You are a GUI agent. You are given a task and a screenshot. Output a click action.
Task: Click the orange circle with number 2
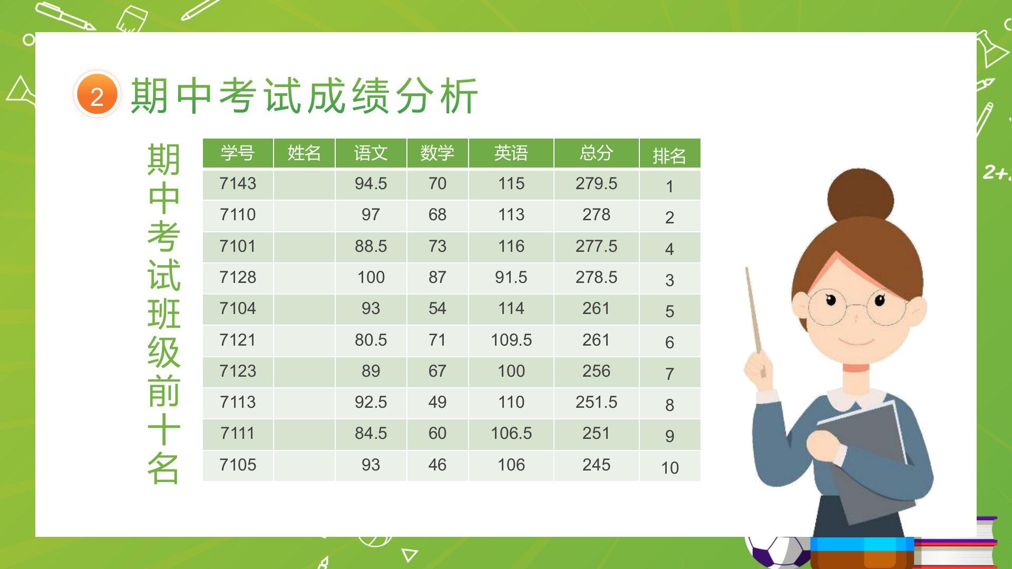[x=97, y=95]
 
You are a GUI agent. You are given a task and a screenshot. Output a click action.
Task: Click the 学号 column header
[x=238, y=153]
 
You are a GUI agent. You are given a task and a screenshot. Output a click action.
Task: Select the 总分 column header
[x=596, y=153]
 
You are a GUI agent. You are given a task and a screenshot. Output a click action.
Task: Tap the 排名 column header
[x=669, y=156]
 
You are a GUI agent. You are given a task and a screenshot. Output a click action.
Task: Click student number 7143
[x=238, y=183]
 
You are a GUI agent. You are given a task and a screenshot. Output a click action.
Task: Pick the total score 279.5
[x=596, y=183]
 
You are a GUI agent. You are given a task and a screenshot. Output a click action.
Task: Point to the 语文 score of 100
[x=371, y=277]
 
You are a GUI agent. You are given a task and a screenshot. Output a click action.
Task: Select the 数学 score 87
[x=437, y=277]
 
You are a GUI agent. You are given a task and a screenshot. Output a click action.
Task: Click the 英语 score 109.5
[x=511, y=340]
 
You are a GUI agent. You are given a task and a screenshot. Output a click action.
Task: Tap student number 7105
[x=238, y=465]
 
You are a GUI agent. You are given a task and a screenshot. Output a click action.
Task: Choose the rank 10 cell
[x=670, y=467]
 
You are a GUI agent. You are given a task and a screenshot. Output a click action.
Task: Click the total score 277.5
[x=596, y=246]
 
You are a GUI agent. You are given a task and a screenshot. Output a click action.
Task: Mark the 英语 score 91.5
[x=511, y=277]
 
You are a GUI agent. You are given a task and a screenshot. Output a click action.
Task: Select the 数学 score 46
[x=437, y=465]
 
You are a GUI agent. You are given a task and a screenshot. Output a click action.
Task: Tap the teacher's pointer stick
[x=754, y=316]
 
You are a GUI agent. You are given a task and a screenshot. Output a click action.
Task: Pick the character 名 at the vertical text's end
[x=163, y=468]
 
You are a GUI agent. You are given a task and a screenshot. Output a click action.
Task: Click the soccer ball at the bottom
[x=777, y=553]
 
